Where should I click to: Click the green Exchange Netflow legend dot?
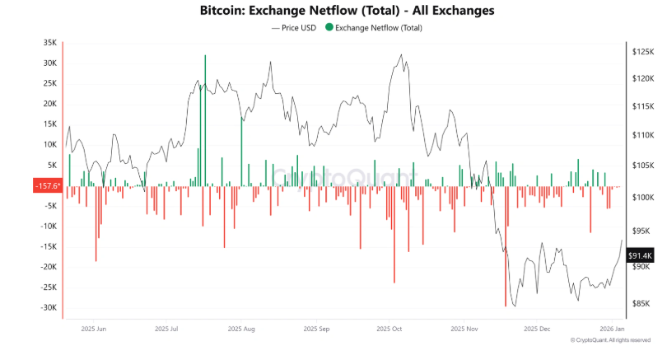pyautogui.click(x=330, y=28)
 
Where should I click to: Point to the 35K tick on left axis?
pyautogui.click(x=49, y=43)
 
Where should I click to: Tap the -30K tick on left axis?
pyautogui.click(x=48, y=307)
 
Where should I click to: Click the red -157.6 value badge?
pyautogui.click(x=47, y=186)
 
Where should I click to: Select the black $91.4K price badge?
pyautogui.click(x=641, y=255)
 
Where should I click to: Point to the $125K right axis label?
pyautogui.click(x=641, y=51)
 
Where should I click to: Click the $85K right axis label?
pyautogui.click(x=640, y=303)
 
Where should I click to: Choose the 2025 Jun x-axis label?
pyautogui.click(x=94, y=328)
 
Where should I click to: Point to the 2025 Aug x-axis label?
pyautogui.click(x=242, y=328)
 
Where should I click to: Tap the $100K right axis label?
pyautogui.click(x=641, y=198)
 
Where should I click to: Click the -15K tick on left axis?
pyautogui.click(x=48, y=246)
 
